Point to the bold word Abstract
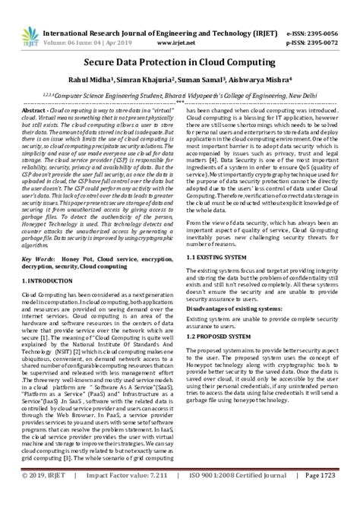click(36, 110)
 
